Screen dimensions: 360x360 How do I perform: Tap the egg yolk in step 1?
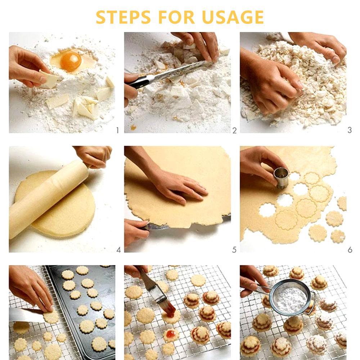pos(71,61)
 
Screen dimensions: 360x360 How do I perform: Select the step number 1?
pos(117,130)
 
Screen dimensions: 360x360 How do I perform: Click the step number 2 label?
pos(234,130)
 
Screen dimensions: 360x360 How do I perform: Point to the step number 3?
pos(349,130)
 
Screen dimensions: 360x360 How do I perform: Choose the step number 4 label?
pos(118,249)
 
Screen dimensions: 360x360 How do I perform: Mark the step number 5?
pos(234,249)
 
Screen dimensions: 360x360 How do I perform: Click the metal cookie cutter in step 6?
pos(281,177)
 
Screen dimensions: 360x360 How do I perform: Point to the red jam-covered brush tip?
pos(170,309)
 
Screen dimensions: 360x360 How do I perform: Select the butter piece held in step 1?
pos(48,80)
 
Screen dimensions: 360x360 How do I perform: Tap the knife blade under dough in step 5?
pos(158,226)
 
